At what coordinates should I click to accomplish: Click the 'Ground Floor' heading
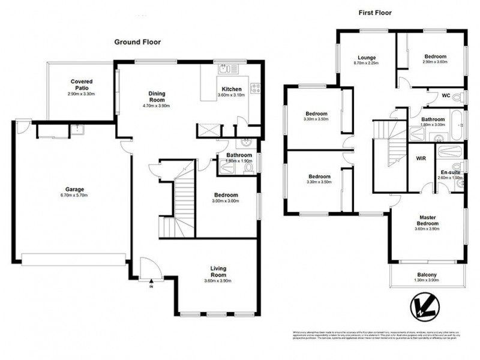[138, 42]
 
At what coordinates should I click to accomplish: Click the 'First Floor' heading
[376, 13]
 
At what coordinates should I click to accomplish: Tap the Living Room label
[218, 272]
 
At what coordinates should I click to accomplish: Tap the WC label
[445, 95]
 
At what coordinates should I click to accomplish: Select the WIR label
[421, 158]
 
